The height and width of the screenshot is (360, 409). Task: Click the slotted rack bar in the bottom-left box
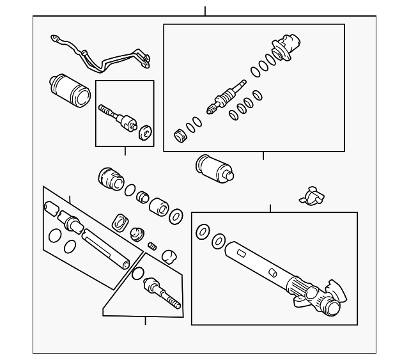tap(106, 249)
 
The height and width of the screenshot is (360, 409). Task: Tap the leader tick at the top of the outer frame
tap(205, 11)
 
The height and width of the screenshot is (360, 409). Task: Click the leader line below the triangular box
tap(146, 320)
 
